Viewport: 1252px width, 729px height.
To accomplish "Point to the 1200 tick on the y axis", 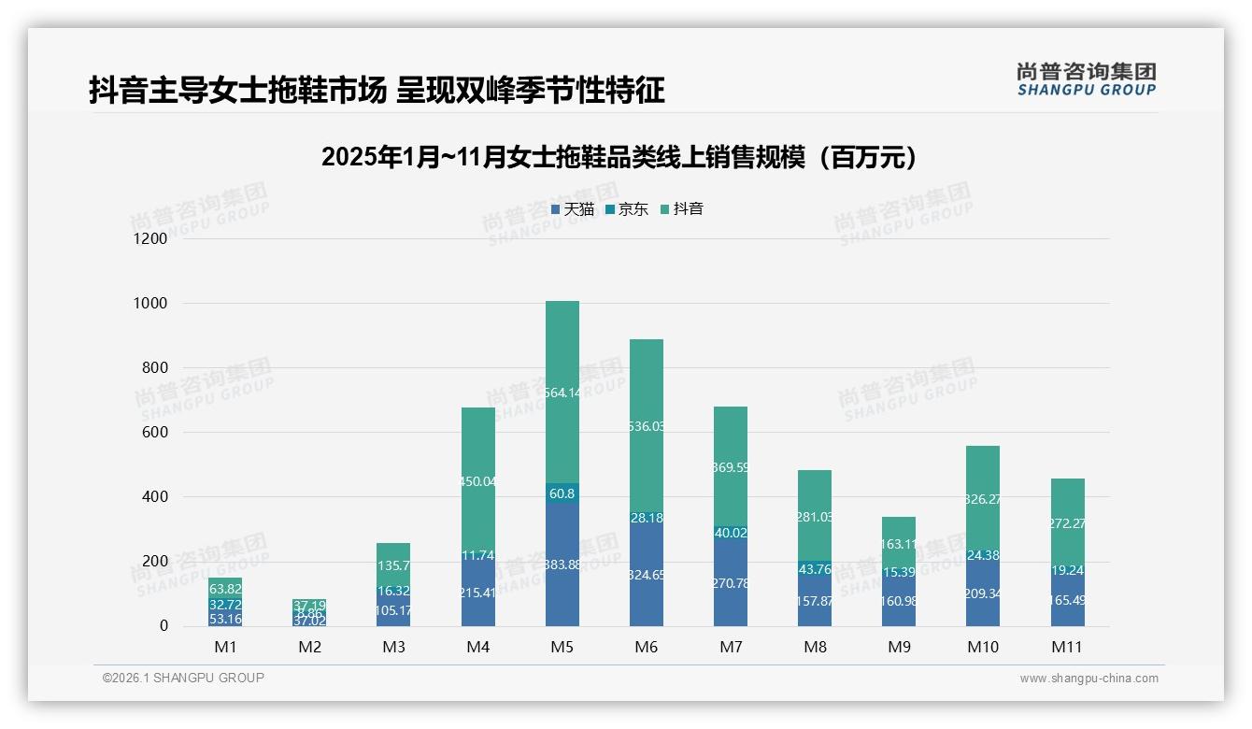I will (149, 238).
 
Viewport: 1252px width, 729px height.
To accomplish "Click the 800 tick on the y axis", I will (154, 368).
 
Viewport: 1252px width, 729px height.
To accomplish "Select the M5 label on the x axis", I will (562, 647).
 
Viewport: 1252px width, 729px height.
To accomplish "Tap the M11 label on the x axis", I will (1067, 647).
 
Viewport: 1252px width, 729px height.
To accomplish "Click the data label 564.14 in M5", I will (562, 393).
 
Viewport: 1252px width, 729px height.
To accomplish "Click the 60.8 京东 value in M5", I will (562, 493).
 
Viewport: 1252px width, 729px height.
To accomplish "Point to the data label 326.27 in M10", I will (982, 499).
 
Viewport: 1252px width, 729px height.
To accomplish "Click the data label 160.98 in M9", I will (898, 601).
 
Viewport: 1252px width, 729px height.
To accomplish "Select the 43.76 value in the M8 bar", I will (814, 569).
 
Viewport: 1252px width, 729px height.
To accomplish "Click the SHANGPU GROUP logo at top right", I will (1086, 79).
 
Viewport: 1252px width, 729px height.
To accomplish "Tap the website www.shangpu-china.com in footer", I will (1088, 679).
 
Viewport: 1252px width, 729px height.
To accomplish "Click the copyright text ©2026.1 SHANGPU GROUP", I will (183, 678).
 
